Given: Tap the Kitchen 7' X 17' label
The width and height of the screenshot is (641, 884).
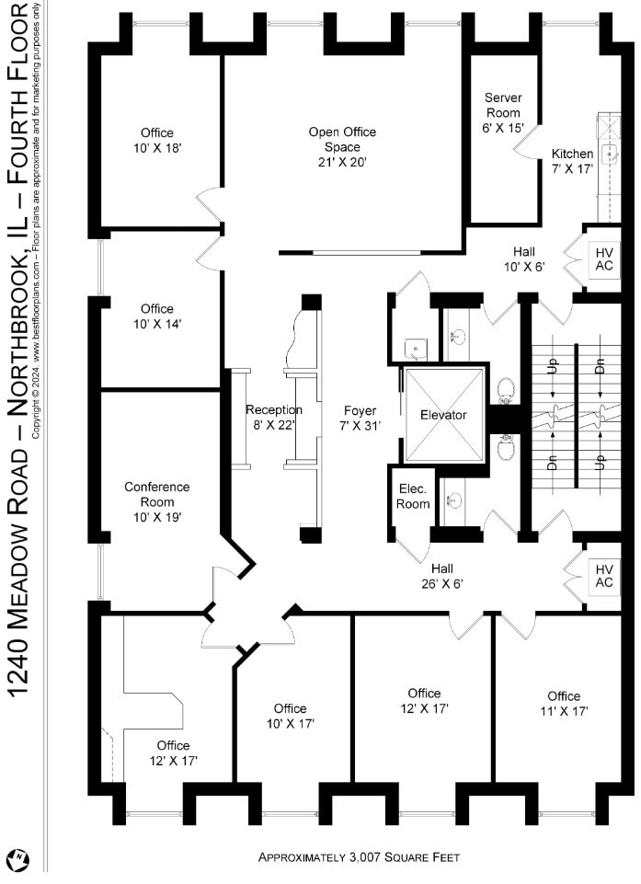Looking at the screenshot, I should (572, 161).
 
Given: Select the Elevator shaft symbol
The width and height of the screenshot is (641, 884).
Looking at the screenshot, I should (444, 415).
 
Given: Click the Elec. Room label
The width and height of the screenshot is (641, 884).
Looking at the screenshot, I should (413, 497).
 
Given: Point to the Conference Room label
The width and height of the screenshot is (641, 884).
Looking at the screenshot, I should (157, 501).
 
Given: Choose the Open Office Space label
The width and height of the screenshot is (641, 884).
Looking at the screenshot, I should (342, 146).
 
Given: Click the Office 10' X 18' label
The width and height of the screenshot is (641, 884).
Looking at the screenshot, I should (157, 140).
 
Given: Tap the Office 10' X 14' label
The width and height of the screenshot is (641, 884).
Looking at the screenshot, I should (157, 316).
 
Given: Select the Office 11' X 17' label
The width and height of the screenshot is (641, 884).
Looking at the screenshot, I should (564, 703).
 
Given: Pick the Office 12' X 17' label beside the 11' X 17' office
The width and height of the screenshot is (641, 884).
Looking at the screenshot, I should (424, 700).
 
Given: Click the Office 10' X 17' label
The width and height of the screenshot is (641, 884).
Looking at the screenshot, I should (290, 716).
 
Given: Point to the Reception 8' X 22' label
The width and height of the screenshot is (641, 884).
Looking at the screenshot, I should (274, 417).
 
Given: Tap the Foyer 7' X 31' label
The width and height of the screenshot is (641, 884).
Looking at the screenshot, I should (360, 418).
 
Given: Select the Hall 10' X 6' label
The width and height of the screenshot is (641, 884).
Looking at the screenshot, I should (524, 258).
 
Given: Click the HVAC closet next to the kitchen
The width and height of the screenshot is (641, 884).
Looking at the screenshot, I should (603, 258).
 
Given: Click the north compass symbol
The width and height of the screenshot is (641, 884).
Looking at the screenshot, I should (17, 860).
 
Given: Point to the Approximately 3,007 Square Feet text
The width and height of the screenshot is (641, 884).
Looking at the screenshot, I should (359, 857).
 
